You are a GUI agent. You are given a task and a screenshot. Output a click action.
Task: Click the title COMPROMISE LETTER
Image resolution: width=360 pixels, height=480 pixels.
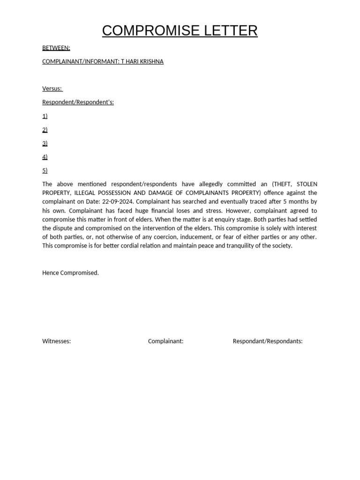click(180, 30)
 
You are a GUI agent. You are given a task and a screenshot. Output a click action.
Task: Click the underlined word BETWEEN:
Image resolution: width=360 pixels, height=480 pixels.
click(56, 48)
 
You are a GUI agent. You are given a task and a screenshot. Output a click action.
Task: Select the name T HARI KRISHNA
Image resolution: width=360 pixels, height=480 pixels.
click(142, 61)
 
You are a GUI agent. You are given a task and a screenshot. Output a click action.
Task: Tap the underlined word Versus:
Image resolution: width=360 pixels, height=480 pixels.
click(52, 89)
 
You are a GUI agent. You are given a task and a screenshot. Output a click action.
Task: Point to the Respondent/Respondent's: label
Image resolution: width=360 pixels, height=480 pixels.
click(78, 102)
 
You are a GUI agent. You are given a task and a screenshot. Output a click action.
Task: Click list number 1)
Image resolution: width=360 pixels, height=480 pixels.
click(45, 116)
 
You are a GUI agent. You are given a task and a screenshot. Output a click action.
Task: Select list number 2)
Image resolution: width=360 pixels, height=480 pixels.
click(45, 129)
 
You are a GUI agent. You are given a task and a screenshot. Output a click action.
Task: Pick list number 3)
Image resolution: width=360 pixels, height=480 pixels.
click(45, 143)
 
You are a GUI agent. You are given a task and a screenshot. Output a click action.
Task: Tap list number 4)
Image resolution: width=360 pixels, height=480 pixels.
click(45, 157)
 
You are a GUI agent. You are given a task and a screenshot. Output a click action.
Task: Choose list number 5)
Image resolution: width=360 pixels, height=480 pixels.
click(45, 170)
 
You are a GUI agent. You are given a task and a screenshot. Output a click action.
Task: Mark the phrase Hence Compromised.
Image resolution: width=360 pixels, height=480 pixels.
click(70, 273)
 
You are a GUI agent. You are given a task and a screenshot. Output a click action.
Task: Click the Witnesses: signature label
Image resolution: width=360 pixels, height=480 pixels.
click(56, 341)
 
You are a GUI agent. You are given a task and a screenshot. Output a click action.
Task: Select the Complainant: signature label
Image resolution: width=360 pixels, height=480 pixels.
click(165, 341)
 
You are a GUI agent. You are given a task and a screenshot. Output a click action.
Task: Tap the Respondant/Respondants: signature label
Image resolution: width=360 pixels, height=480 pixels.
click(267, 341)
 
